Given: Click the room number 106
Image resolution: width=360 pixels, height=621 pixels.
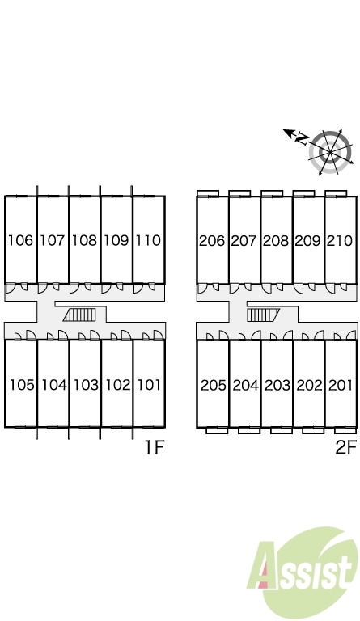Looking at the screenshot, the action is point(21,240).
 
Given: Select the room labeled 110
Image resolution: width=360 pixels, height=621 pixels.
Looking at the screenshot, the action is point(149,240).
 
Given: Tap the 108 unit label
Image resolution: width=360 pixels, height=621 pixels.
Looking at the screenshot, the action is point(85,240).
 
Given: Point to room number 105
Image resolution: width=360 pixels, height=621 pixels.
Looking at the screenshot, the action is point(22,385).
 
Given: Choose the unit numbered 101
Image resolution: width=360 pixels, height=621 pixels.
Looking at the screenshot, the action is point(150,385).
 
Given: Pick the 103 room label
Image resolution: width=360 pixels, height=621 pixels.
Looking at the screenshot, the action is point(87,385).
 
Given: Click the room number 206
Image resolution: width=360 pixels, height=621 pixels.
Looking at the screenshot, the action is point(212,240).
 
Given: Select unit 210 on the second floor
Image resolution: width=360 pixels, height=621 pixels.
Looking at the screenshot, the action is point(340,240).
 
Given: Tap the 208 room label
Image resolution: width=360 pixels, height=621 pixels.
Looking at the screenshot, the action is point(276,240).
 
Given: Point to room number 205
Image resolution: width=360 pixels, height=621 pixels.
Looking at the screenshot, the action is point(214,385).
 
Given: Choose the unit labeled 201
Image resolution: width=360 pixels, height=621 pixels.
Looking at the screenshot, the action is point(341,385).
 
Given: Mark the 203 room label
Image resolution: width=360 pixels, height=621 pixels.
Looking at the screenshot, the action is point(277,385).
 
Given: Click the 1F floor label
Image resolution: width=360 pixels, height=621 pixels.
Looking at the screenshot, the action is point(154,447).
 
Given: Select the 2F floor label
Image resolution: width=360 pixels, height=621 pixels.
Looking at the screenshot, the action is point(345,447).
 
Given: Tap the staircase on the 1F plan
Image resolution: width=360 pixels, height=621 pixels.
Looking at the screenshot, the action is point(79,315).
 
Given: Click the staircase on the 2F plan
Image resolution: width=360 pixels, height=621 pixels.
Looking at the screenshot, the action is point(264,315).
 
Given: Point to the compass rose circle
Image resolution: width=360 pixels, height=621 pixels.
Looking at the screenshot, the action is point(330,152).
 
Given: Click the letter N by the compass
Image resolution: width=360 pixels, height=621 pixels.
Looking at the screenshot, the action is point(303,138).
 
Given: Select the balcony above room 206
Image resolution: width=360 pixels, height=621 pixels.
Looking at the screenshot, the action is point(208,193).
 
